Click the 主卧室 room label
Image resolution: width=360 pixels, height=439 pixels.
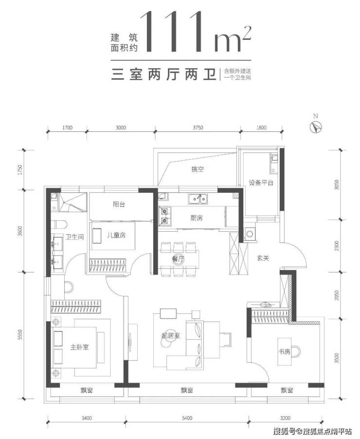tap(79, 347)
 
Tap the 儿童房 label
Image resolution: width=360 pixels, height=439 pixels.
tap(116, 235)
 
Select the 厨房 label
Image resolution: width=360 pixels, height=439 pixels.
tap(196, 218)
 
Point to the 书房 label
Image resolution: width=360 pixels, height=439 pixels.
tap(284, 351)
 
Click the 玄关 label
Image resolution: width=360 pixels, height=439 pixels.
tap(263, 258)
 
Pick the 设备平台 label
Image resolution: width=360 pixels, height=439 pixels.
tap(261, 183)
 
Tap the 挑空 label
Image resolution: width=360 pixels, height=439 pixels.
tap(198, 169)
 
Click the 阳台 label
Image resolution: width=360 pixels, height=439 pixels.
tap(119, 204)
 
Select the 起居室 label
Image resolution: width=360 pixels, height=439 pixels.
tap(170, 335)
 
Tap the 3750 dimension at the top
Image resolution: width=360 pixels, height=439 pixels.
tap(198, 128)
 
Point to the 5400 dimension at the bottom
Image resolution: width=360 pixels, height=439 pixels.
tap(187, 418)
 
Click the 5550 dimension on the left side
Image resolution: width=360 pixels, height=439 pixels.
tap(19, 335)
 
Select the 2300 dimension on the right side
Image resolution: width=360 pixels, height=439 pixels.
tap(337, 246)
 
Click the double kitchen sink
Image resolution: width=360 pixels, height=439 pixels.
tap(198, 199)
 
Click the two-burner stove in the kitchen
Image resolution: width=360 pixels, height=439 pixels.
tap(164, 216)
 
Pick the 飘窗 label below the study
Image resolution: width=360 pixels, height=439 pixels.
tap(287, 390)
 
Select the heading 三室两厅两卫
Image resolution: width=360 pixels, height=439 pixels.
tap(164, 74)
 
